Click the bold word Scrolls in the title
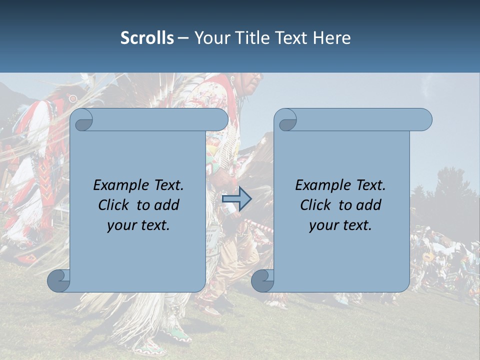[147, 38]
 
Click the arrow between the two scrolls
[236, 199]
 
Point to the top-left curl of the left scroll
[82, 120]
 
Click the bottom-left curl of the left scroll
[59, 281]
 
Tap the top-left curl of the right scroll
[286, 120]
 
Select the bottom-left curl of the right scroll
[263, 281]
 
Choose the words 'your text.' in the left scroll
[138, 225]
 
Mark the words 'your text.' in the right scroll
[340, 225]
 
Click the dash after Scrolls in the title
[183, 38]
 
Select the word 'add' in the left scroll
[167, 205]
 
